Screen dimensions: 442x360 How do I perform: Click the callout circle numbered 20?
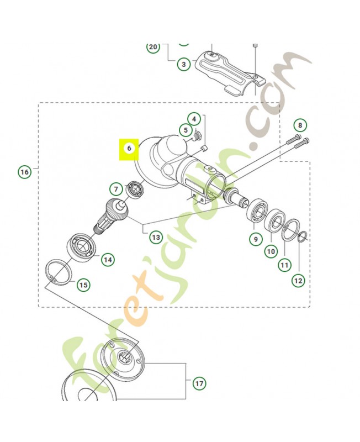153,47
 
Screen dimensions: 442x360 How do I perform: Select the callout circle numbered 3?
184,65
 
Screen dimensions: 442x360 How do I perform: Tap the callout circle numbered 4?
193,119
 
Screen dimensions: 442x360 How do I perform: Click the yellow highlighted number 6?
129,149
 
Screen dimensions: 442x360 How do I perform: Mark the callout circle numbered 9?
256,239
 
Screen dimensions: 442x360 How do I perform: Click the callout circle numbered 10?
271,252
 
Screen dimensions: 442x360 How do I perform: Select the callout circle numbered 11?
284,265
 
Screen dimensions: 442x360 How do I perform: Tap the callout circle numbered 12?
298,280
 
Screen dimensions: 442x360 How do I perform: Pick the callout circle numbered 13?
156,237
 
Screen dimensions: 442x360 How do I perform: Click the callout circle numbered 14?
108,259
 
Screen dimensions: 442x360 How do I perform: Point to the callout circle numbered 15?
83,285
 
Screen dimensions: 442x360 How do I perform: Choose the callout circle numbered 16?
24,172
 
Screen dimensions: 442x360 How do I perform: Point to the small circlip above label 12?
301,237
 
